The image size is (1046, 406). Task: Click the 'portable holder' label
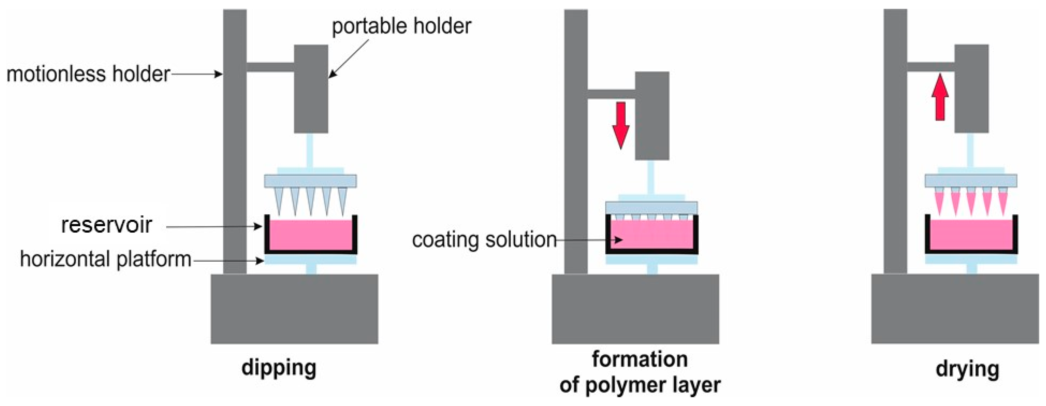pyautogui.click(x=401, y=27)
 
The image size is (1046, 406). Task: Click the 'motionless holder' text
pyautogui.click(x=88, y=74)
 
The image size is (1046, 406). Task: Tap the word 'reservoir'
pyautogui.click(x=106, y=225)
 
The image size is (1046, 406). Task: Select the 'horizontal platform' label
pyautogui.click(x=106, y=259)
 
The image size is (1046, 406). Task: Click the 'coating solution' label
pyautogui.click(x=484, y=240)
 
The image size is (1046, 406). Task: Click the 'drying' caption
pyautogui.click(x=967, y=369)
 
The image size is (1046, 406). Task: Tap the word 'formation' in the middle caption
pyautogui.click(x=640, y=359)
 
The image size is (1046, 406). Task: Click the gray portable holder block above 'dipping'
pyautogui.click(x=311, y=89)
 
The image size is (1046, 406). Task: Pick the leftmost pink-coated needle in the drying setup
pyautogui.click(x=939, y=202)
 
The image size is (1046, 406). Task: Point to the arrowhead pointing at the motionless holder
pyautogui.click(x=219, y=74)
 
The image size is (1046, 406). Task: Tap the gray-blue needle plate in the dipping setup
pyautogui.click(x=311, y=181)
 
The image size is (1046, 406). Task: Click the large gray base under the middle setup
pyautogui.click(x=635, y=309)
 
